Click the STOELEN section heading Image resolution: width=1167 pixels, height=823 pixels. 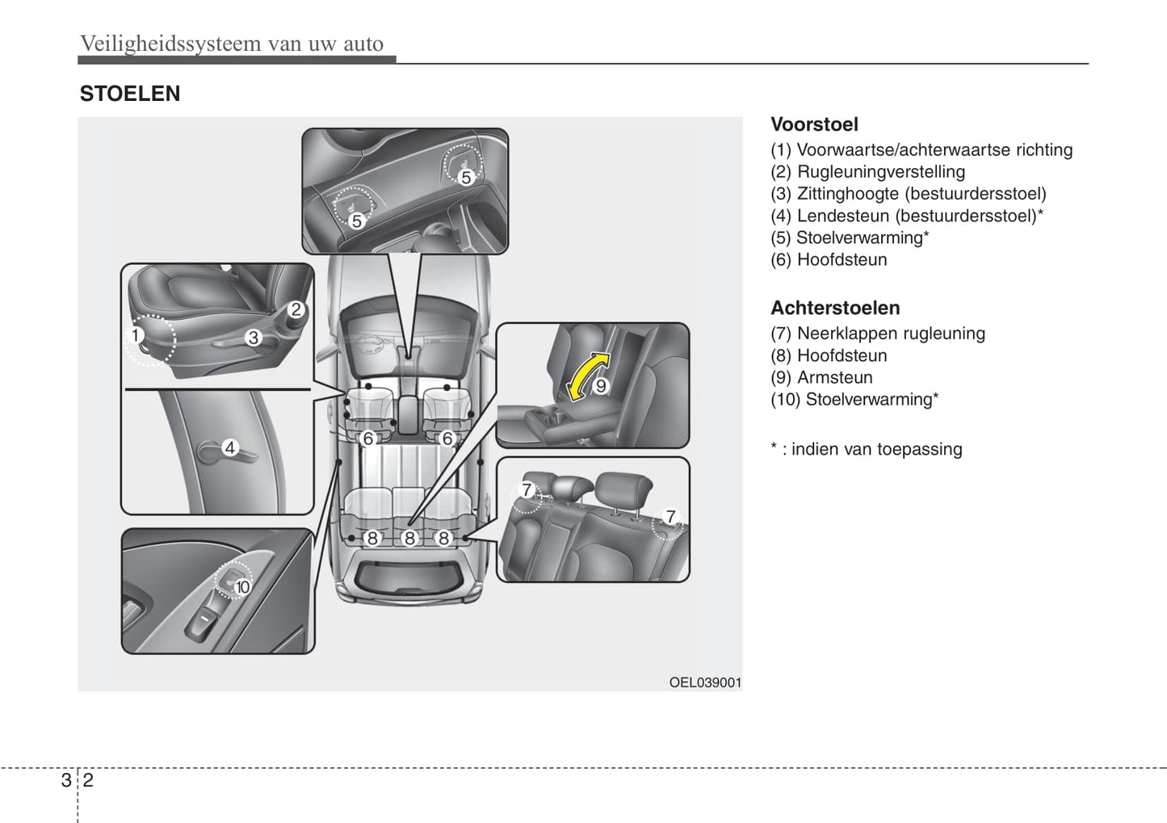tap(129, 94)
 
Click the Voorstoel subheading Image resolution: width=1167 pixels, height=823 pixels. tap(814, 124)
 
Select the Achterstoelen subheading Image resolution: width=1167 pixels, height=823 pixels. tap(835, 308)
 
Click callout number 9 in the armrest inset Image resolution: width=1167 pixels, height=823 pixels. tap(601, 386)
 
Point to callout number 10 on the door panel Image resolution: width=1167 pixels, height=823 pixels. tap(243, 587)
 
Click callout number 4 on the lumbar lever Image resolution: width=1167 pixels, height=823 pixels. tap(230, 447)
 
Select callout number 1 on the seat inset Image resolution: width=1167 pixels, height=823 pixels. tap(136, 335)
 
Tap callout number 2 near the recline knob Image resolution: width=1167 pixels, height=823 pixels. tap(296, 309)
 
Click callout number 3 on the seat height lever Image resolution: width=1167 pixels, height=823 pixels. tap(254, 338)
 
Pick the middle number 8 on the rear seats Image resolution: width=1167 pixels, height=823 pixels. tap(409, 538)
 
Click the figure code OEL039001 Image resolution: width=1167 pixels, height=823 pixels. tap(704, 682)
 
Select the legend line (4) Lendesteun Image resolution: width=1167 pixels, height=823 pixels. tap(906, 216)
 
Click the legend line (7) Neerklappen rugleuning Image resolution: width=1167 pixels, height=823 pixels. tap(877, 334)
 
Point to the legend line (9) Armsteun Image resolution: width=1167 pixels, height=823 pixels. tap(821, 377)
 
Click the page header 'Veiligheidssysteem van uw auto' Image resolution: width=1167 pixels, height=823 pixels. tap(232, 44)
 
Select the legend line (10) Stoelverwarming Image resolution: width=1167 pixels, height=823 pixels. tap(854, 399)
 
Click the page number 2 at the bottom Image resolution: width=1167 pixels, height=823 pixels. tap(87, 779)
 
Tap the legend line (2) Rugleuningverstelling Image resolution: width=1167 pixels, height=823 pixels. tap(867, 172)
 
